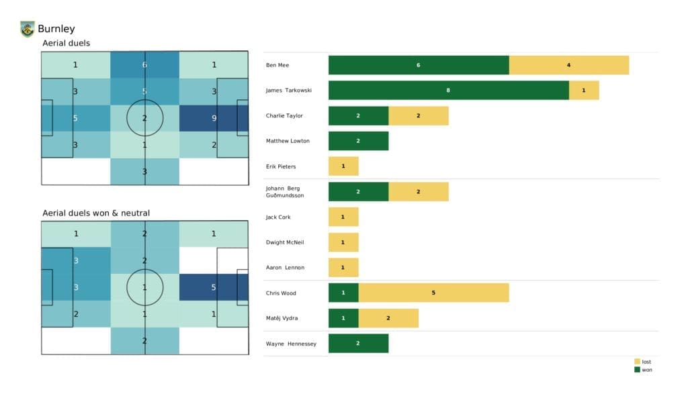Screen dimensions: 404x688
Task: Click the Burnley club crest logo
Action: coord(28,29)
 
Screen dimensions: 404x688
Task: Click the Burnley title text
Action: coord(56,29)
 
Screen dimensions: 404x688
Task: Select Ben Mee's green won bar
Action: coord(419,65)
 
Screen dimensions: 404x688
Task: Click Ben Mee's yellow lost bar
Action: coord(568,65)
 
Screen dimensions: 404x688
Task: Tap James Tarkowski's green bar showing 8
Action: coord(448,90)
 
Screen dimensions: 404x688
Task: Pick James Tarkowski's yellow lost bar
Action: coord(583,90)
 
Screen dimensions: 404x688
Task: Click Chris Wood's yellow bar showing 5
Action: coord(433,293)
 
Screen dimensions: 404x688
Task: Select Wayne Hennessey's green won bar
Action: coord(358,344)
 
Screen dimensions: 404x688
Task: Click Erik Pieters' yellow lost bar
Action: coord(343,166)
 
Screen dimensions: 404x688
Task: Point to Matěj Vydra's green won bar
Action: coord(343,318)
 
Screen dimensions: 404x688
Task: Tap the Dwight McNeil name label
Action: coord(286,242)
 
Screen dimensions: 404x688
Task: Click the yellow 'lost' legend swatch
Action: coord(636,362)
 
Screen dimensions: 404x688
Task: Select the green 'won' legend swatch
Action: coord(636,370)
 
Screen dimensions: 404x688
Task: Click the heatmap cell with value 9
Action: coord(213,118)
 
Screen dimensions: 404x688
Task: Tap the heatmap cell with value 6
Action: coord(144,65)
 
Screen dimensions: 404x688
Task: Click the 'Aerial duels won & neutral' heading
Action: coord(95,213)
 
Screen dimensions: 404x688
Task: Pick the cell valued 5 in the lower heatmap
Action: coord(213,287)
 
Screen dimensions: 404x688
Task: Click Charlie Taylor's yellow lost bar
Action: coord(418,115)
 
